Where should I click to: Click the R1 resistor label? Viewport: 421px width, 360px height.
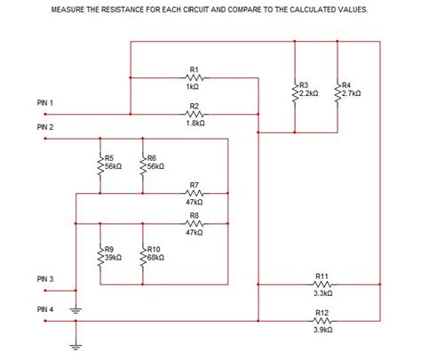[195, 68]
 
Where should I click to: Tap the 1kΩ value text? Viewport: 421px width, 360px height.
[195, 87]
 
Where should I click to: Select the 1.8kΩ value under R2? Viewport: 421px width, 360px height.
[195, 124]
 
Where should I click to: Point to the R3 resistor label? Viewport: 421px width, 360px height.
[304, 84]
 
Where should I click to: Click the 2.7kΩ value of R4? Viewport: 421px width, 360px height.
[349, 92]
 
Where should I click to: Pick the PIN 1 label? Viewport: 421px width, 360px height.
[45, 104]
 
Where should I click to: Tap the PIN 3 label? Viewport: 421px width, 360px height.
[45, 280]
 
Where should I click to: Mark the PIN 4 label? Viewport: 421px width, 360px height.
[45, 308]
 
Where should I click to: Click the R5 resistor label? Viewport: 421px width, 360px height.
[109, 158]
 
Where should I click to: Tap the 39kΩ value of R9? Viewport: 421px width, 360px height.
[113, 257]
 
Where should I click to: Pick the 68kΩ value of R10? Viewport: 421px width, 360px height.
[155, 257]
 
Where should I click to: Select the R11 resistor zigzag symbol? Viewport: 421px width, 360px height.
[322, 284]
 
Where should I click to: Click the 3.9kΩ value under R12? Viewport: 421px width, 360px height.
[322, 329]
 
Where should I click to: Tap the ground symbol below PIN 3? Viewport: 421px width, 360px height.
[75, 310]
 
